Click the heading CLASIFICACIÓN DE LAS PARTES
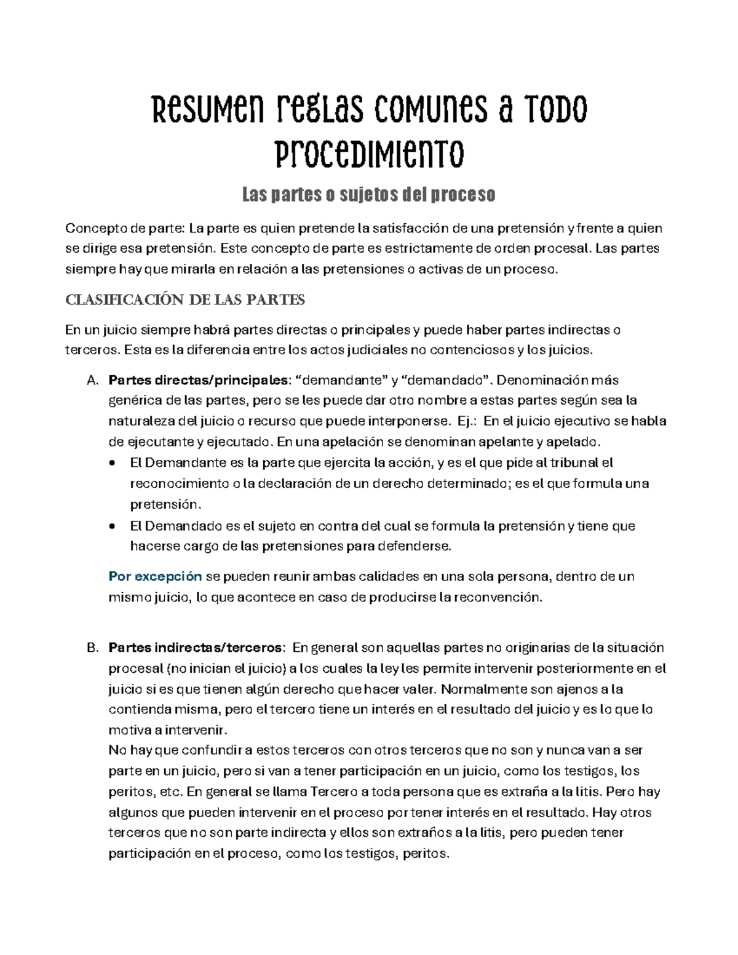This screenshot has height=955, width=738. point(185,300)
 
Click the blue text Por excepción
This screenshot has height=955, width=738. point(155,576)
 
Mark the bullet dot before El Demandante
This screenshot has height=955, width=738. point(111,463)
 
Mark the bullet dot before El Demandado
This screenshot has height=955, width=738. point(111,526)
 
